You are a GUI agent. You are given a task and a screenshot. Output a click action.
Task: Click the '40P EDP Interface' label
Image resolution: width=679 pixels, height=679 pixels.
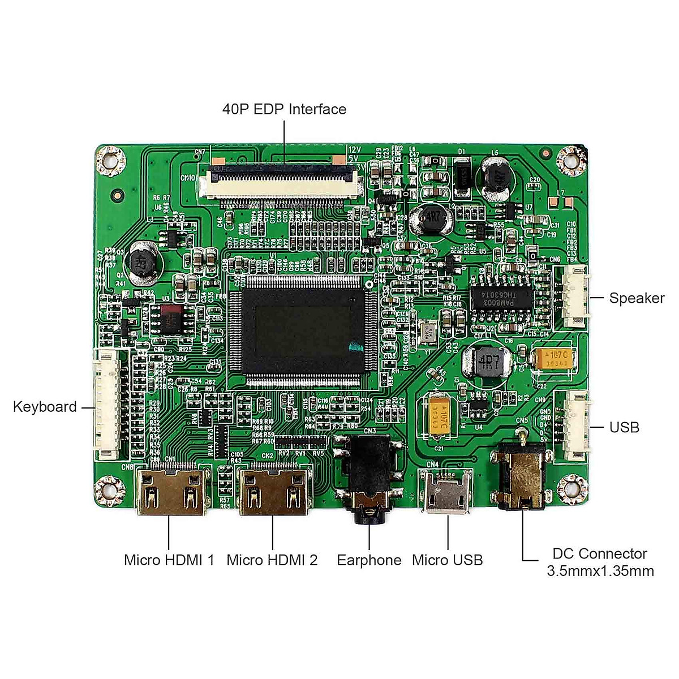(x=284, y=109)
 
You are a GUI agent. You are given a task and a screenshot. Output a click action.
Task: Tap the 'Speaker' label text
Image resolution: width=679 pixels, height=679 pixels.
(x=637, y=298)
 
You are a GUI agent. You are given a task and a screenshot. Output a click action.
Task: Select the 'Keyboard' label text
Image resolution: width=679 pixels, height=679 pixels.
(x=45, y=407)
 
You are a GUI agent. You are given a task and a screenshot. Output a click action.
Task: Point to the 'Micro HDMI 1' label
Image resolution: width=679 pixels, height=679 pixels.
(x=169, y=560)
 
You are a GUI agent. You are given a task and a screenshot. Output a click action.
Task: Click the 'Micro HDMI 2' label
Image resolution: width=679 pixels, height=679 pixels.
(x=272, y=560)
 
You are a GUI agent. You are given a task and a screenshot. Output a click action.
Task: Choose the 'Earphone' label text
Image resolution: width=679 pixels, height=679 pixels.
(x=369, y=560)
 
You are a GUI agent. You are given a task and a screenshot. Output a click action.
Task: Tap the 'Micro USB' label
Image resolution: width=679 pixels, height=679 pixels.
(x=447, y=560)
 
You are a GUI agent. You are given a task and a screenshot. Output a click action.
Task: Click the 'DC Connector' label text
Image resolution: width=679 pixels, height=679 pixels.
(x=600, y=554)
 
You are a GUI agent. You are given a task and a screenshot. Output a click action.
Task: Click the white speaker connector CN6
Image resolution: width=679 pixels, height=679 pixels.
(x=574, y=297)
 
